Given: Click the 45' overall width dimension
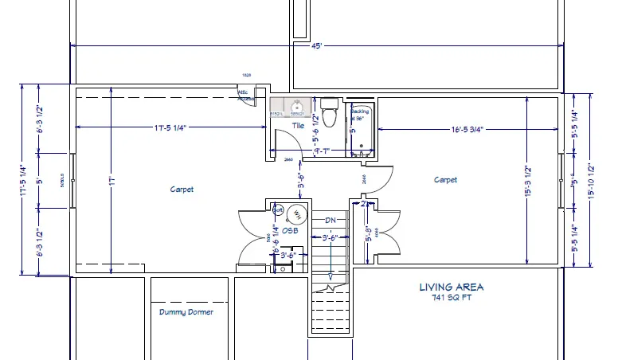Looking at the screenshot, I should point(316,46).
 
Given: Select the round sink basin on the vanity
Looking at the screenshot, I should point(298,106).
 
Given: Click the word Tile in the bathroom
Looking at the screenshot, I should point(298,125).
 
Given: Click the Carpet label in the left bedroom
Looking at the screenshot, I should point(182,190).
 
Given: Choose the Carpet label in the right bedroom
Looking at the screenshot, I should point(445,180).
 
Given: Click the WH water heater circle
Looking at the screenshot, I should point(295,213).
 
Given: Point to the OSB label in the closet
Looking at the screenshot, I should point(289,231).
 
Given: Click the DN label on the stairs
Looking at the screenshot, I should point(330,220).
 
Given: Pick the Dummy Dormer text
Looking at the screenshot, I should point(186,312).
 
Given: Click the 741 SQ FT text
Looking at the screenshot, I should point(452,297).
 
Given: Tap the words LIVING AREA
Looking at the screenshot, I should point(452,287).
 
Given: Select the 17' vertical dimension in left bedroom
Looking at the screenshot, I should point(113,182).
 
